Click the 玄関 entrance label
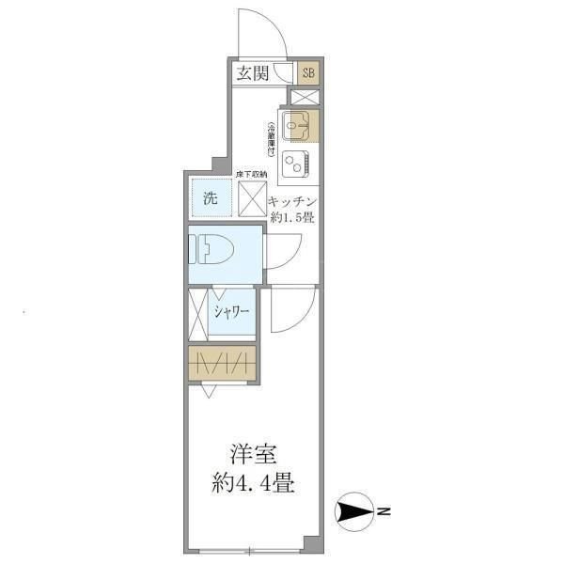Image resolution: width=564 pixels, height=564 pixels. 252,72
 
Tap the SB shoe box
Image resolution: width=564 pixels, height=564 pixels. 308,72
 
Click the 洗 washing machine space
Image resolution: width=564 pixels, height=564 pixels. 211,198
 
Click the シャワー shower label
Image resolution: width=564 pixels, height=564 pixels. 231,313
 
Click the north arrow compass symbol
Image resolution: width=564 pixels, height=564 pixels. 355,512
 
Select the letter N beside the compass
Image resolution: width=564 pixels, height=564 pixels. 384,512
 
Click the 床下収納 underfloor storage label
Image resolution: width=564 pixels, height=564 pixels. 252,174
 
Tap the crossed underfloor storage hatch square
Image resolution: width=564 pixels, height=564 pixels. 252,199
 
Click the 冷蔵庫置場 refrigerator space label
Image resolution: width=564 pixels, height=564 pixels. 271,140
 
